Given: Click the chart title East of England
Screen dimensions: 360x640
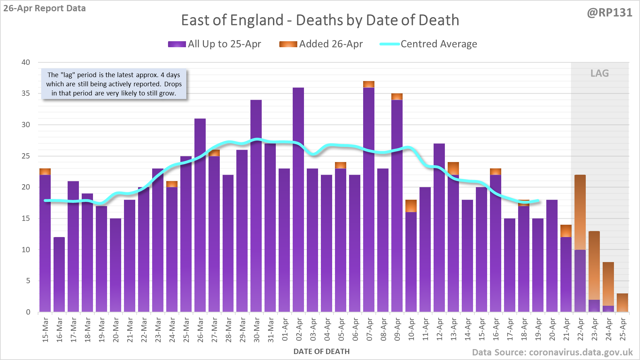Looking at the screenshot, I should pyautogui.click(x=320, y=20).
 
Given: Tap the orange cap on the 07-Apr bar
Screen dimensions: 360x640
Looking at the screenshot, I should pyautogui.click(x=369, y=84).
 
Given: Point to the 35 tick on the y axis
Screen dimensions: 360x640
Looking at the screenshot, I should pyautogui.click(x=26, y=93).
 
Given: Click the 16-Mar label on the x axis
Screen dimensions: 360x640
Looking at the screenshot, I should pyautogui.click(x=59, y=329).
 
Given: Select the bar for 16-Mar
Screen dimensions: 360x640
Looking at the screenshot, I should pyautogui.click(x=59, y=274).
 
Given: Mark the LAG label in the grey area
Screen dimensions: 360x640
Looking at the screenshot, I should pyautogui.click(x=599, y=73).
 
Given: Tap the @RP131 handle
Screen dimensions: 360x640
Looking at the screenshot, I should pyautogui.click(x=609, y=13).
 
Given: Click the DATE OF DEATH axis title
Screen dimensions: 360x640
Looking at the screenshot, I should pyautogui.click(x=321, y=352).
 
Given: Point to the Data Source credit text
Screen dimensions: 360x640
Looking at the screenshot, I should pyautogui.click(x=552, y=352).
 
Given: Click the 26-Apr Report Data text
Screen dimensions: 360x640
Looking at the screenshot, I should pyautogui.click(x=45, y=8).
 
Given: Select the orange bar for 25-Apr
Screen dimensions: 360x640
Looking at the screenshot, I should pyautogui.click(x=622, y=303).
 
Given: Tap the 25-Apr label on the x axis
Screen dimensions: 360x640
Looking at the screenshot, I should pyautogui.click(x=623, y=329).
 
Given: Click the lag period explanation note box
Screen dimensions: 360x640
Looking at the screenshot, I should pyautogui.click(x=114, y=84).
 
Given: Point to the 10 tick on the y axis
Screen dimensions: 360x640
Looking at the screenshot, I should pyautogui.click(x=26, y=250).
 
